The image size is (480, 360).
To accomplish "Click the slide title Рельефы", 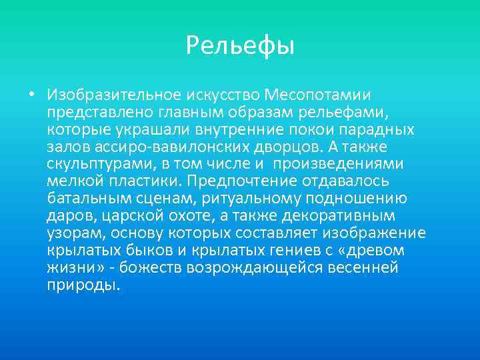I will [240, 45].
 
